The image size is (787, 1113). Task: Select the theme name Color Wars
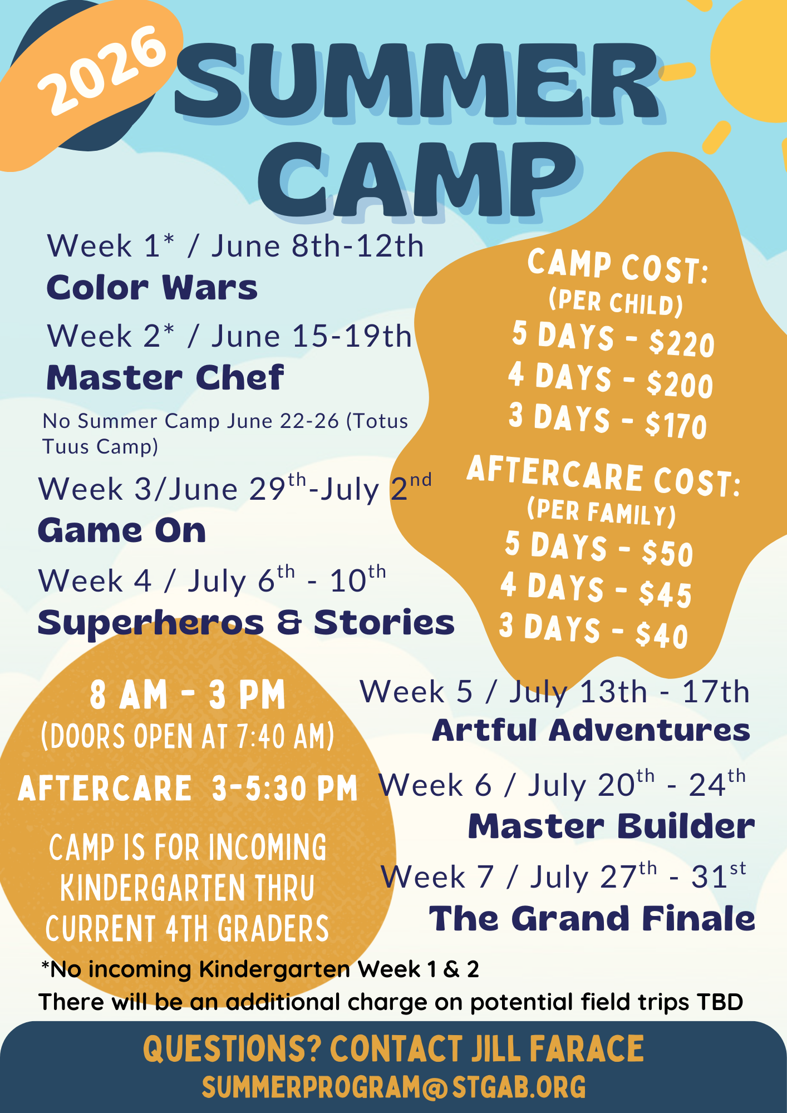click(x=152, y=288)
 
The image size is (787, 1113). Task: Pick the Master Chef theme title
click(x=165, y=378)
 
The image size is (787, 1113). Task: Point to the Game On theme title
click(x=122, y=531)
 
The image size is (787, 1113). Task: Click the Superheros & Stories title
click(x=246, y=623)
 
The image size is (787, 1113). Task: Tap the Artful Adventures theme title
click(x=591, y=730)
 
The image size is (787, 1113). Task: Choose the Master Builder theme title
click(x=611, y=826)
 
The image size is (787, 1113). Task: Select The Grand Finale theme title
click(x=592, y=918)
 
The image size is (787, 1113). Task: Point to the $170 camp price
click(x=676, y=426)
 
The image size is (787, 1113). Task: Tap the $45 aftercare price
click(x=666, y=594)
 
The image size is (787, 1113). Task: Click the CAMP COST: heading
click(x=618, y=266)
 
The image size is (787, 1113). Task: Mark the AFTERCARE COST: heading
click(x=604, y=476)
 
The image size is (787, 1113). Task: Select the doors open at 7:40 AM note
click(x=188, y=736)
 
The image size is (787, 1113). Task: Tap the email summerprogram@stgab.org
click(x=393, y=1087)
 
